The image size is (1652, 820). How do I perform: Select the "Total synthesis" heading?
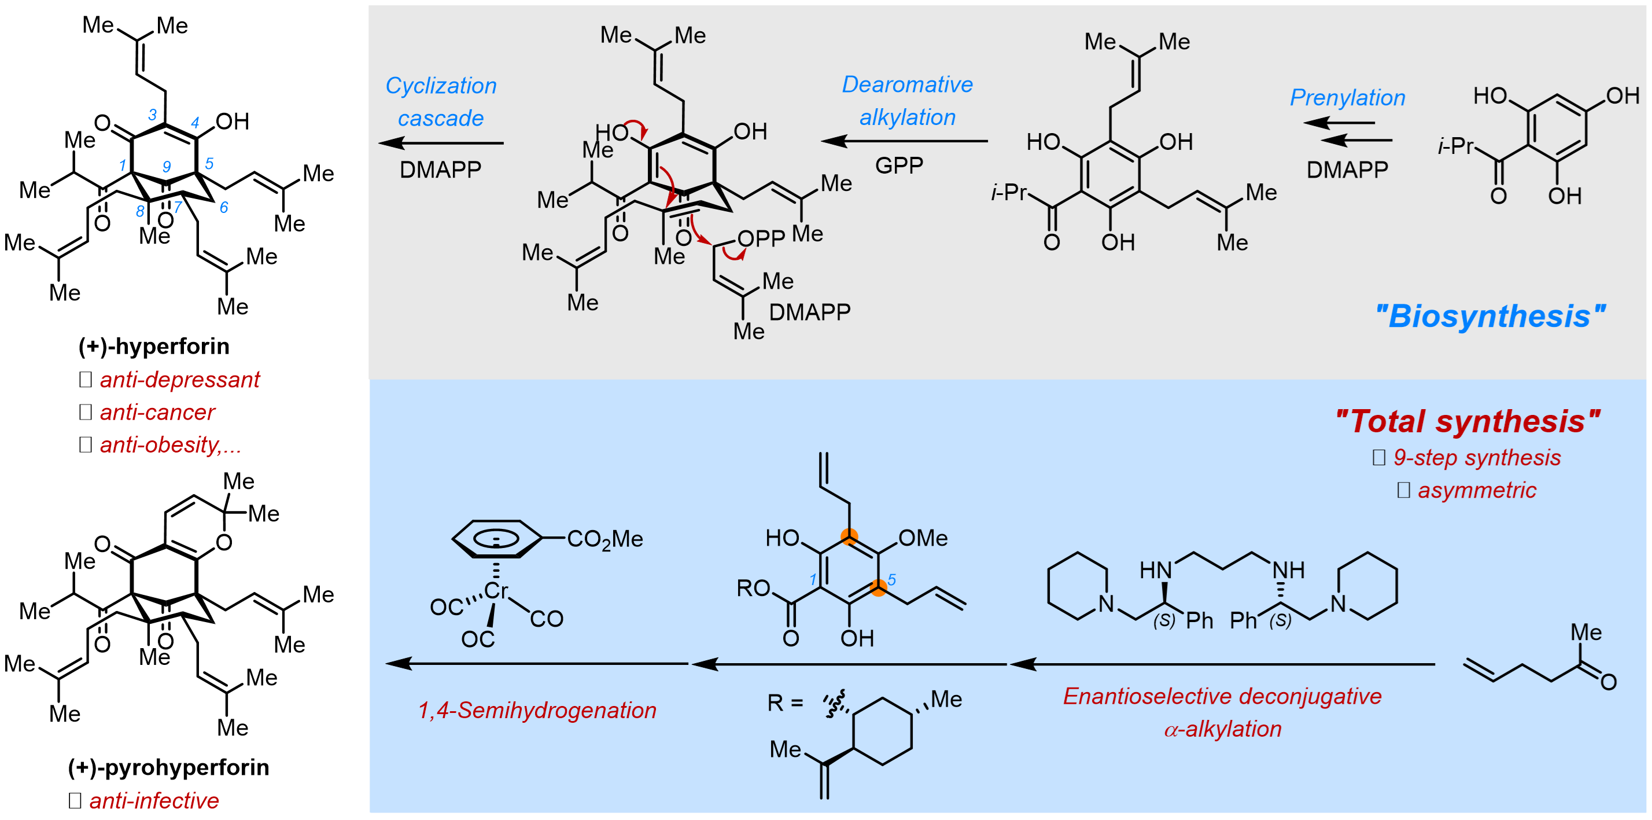click(x=1467, y=421)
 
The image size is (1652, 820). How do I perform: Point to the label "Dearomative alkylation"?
click(x=907, y=101)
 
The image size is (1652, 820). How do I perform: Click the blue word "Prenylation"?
click(x=1347, y=98)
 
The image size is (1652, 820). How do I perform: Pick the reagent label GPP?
click(x=899, y=166)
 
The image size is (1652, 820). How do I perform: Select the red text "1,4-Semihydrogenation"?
click(x=537, y=710)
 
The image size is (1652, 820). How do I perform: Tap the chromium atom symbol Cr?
click(x=496, y=590)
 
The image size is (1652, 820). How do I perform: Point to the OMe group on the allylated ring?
click(x=922, y=538)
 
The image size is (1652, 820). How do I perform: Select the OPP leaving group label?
click(x=761, y=238)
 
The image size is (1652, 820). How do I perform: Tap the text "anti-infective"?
click(x=154, y=801)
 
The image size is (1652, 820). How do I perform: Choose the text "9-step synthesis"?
click(x=1476, y=458)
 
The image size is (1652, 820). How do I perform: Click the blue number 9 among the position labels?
click(x=166, y=167)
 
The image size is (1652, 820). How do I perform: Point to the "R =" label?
click(x=785, y=703)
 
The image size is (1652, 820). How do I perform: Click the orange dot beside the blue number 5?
click(x=878, y=586)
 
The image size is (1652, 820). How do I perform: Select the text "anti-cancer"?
click(x=157, y=413)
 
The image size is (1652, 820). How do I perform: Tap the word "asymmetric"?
click(x=1476, y=490)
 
